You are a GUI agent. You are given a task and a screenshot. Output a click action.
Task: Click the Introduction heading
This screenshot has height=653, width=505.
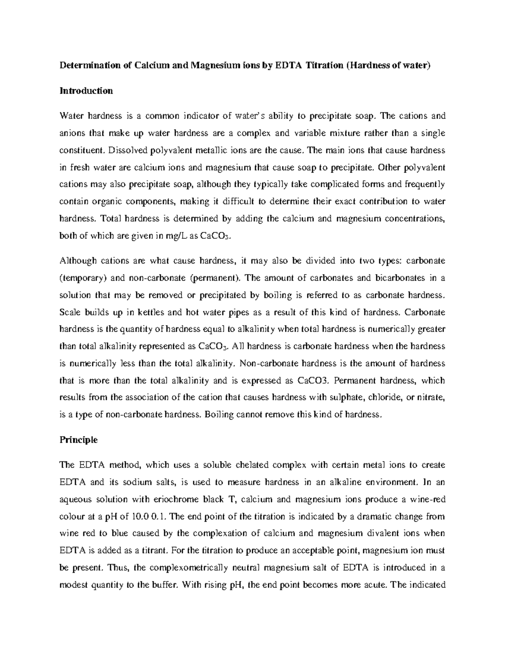[86, 91]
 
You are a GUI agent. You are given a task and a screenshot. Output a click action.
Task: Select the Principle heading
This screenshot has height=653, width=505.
[79, 440]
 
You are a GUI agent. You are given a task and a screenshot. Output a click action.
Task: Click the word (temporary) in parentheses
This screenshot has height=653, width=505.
[78, 278]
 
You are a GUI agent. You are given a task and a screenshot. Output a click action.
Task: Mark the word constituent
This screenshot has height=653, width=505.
[80, 151]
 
